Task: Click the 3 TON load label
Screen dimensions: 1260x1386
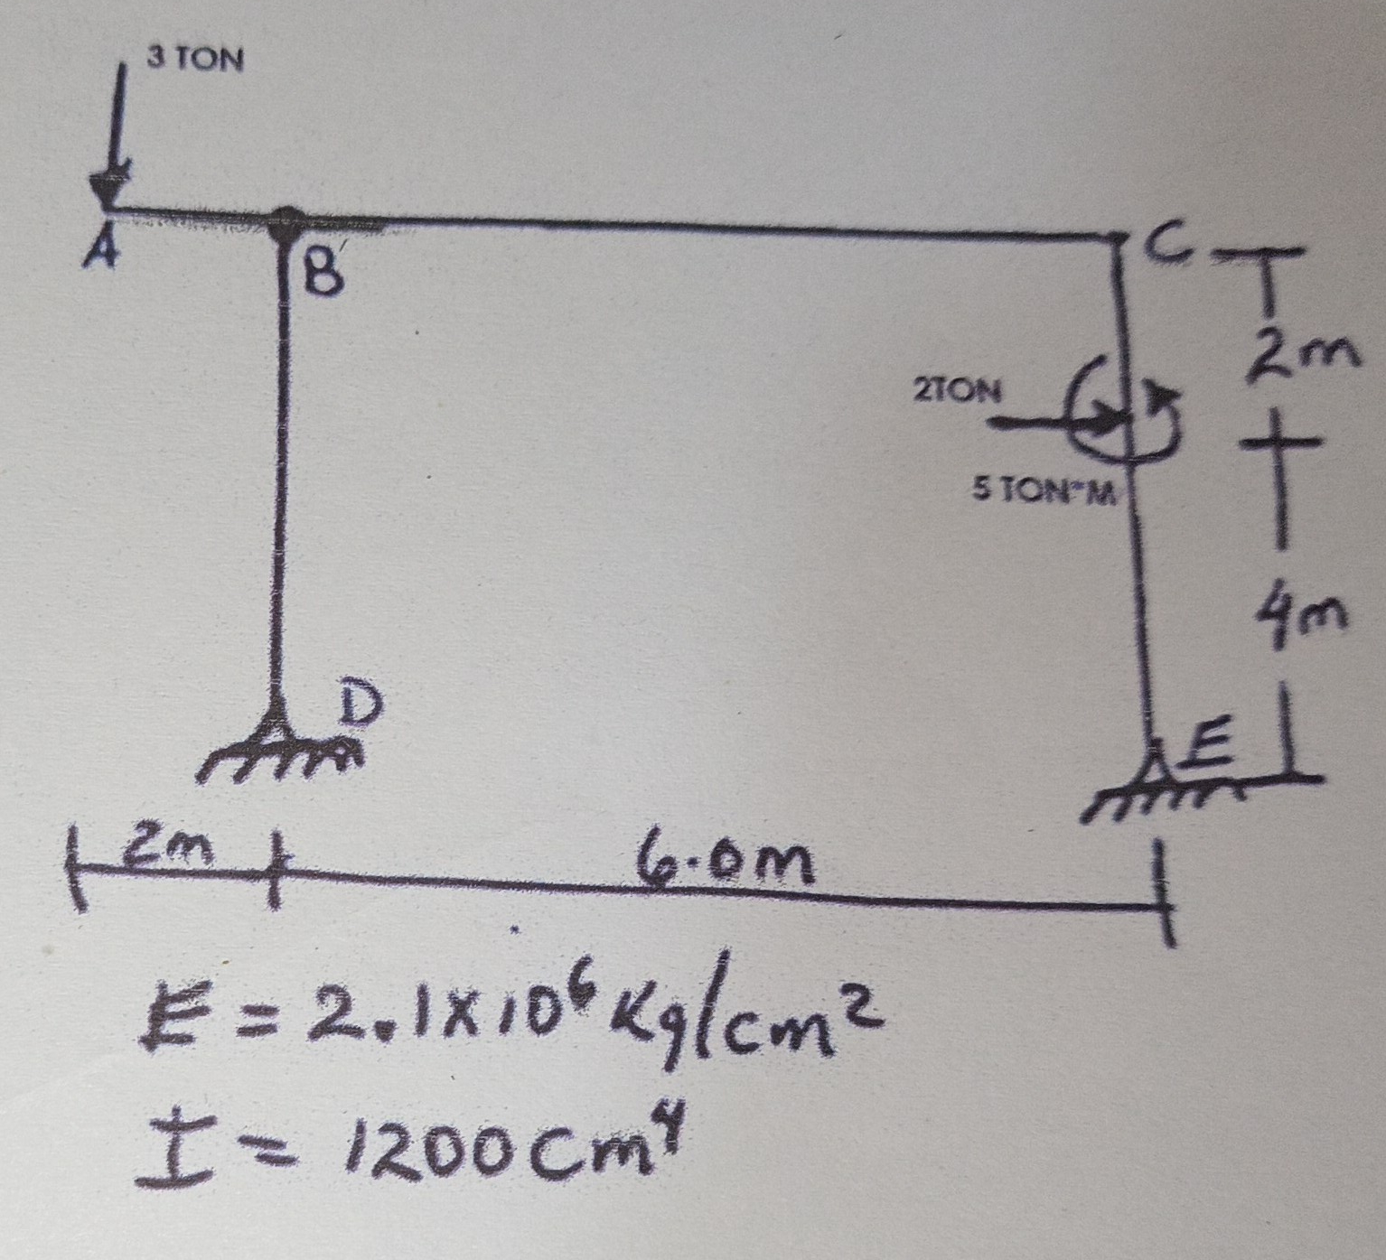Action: click(195, 60)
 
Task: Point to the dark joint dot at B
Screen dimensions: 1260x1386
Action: click(287, 219)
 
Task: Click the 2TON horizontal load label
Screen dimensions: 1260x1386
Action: click(957, 391)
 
